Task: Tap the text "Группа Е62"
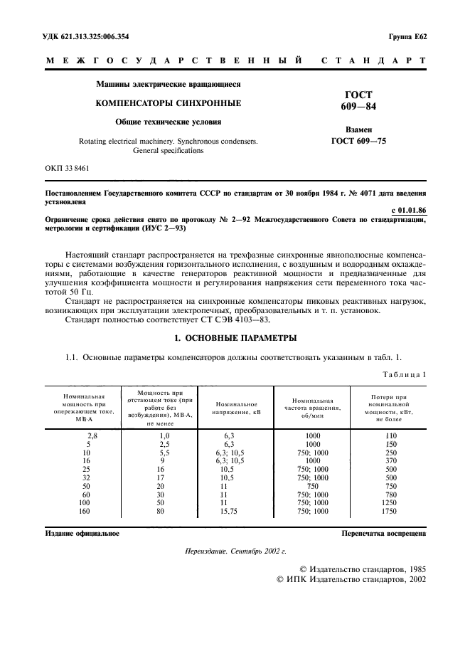(407, 36)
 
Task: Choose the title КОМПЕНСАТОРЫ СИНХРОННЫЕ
(169, 103)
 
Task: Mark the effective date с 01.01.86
(409, 210)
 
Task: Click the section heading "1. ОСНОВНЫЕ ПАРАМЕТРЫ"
(235, 338)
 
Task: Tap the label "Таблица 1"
(402, 374)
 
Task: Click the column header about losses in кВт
(388, 407)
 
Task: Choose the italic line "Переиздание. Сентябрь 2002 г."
(235, 551)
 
